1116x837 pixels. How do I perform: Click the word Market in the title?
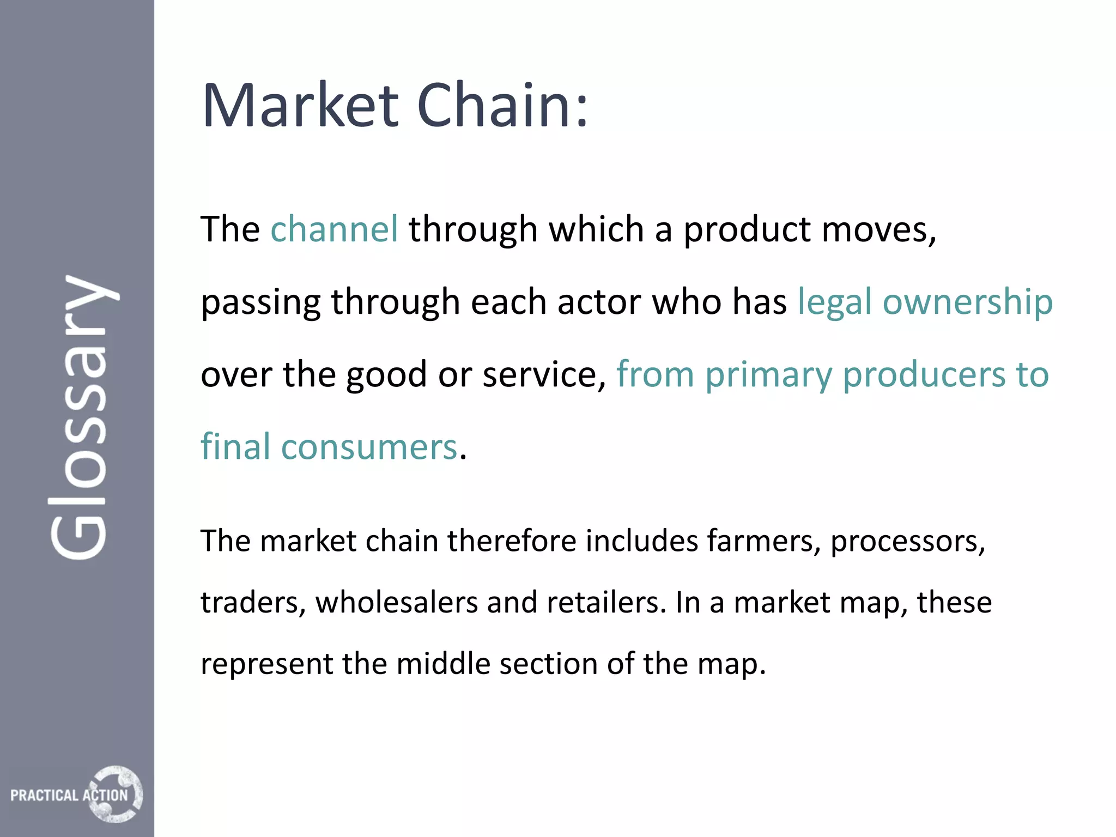coord(300,106)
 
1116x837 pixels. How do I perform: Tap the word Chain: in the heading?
coord(502,106)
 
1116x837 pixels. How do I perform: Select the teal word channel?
coord(334,229)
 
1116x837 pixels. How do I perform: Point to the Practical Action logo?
coord(76,794)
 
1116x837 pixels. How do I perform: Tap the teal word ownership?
coord(967,302)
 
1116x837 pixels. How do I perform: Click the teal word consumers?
coord(369,447)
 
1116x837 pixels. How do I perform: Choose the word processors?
coord(908,541)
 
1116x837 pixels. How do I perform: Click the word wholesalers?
coord(396,603)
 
